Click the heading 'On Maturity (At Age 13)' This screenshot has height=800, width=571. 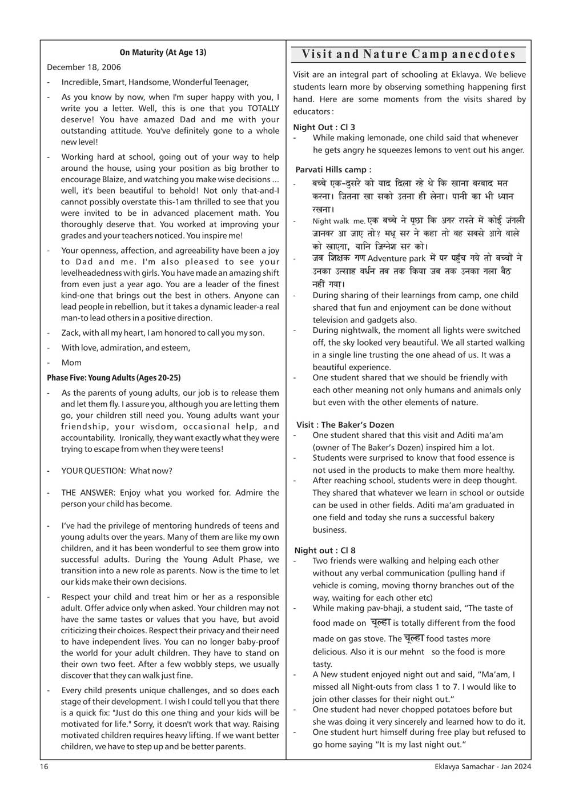[163, 53]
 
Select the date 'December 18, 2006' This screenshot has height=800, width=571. [84, 67]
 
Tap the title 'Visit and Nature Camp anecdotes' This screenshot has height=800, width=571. [408, 54]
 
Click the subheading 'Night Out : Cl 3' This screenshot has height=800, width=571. [324, 127]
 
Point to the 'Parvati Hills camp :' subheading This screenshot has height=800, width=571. [333, 170]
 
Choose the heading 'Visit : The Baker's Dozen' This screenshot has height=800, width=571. [345, 425]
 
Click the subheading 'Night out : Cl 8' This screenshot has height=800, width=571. [324, 550]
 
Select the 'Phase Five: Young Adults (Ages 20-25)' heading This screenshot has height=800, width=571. [114, 378]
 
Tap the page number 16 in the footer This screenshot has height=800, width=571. [44, 767]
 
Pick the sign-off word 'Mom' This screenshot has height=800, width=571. [71, 363]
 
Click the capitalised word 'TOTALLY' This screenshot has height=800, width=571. [263, 108]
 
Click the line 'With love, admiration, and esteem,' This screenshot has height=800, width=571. [126, 348]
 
